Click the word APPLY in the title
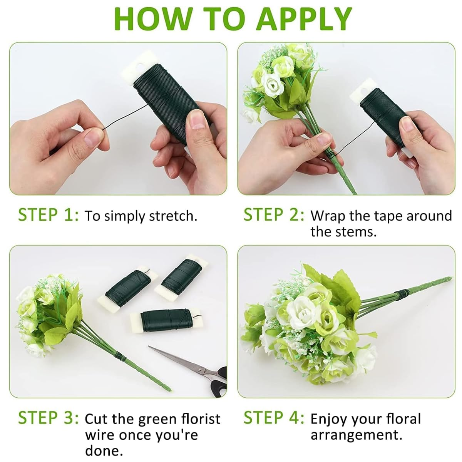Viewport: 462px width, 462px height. [x=304, y=18]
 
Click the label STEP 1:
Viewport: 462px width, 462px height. [x=49, y=215]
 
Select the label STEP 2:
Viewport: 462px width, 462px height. [x=274, y=215]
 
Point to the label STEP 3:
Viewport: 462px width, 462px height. [x=49, y=418]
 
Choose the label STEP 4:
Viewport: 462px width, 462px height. [x=274, y=418]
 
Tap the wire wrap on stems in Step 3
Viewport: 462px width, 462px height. [x=120, y=359]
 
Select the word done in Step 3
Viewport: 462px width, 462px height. [x=104, y=451]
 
